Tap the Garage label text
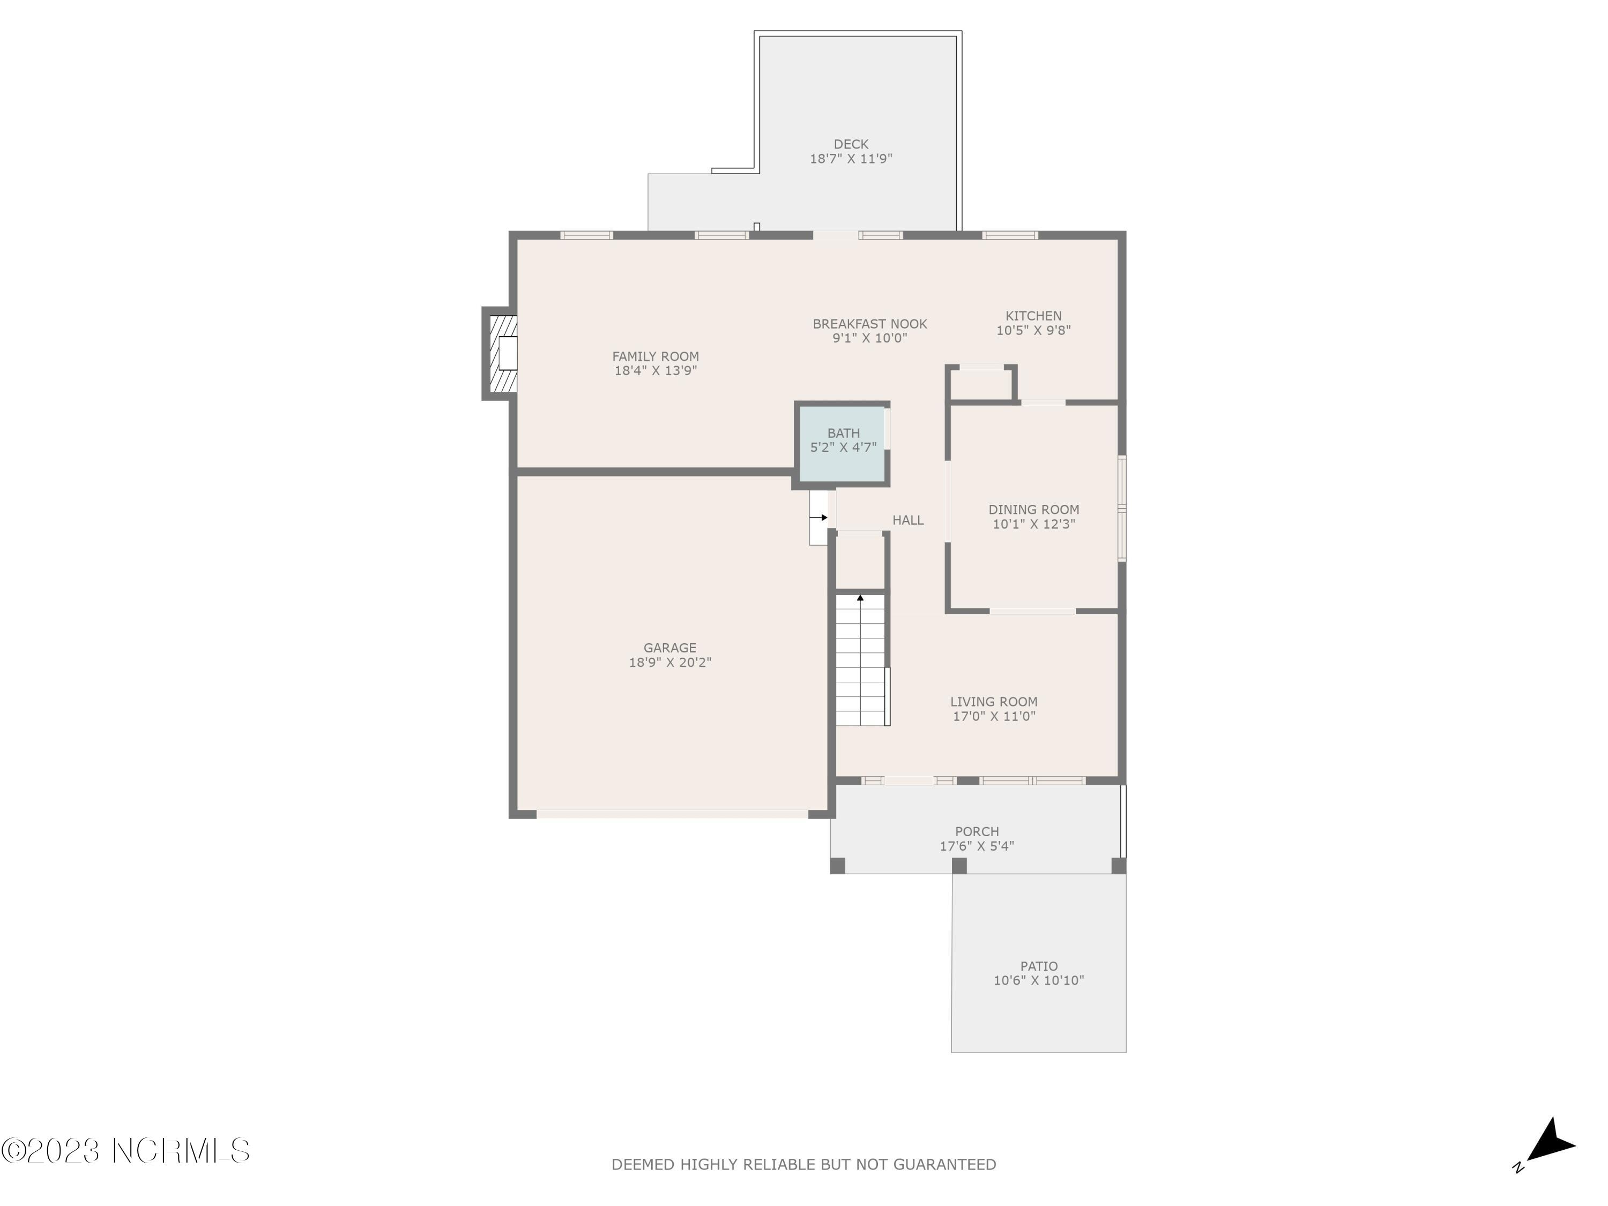pyautogui.click(x=669, y=647)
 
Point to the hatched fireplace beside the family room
pyautogui.click(x=502, y=354)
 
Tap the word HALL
pyautogui.click(x=908, y=520)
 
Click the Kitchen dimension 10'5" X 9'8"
pyautogui.click(x=1033, y=331)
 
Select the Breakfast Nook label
pyautogui.click(x=869, y=324)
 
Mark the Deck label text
pyautogui.click(x=851, y=145)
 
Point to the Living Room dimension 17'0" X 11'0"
pyautogui.click(x=994, y=717)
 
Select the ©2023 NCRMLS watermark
pyautogui.click(x=125, y=1151)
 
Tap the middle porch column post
pyautogui.click(x=959, y=866)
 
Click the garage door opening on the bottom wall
pyautogui.click(x=672, y=815)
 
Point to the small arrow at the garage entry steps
pyautogui.click(x=823, y=518)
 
